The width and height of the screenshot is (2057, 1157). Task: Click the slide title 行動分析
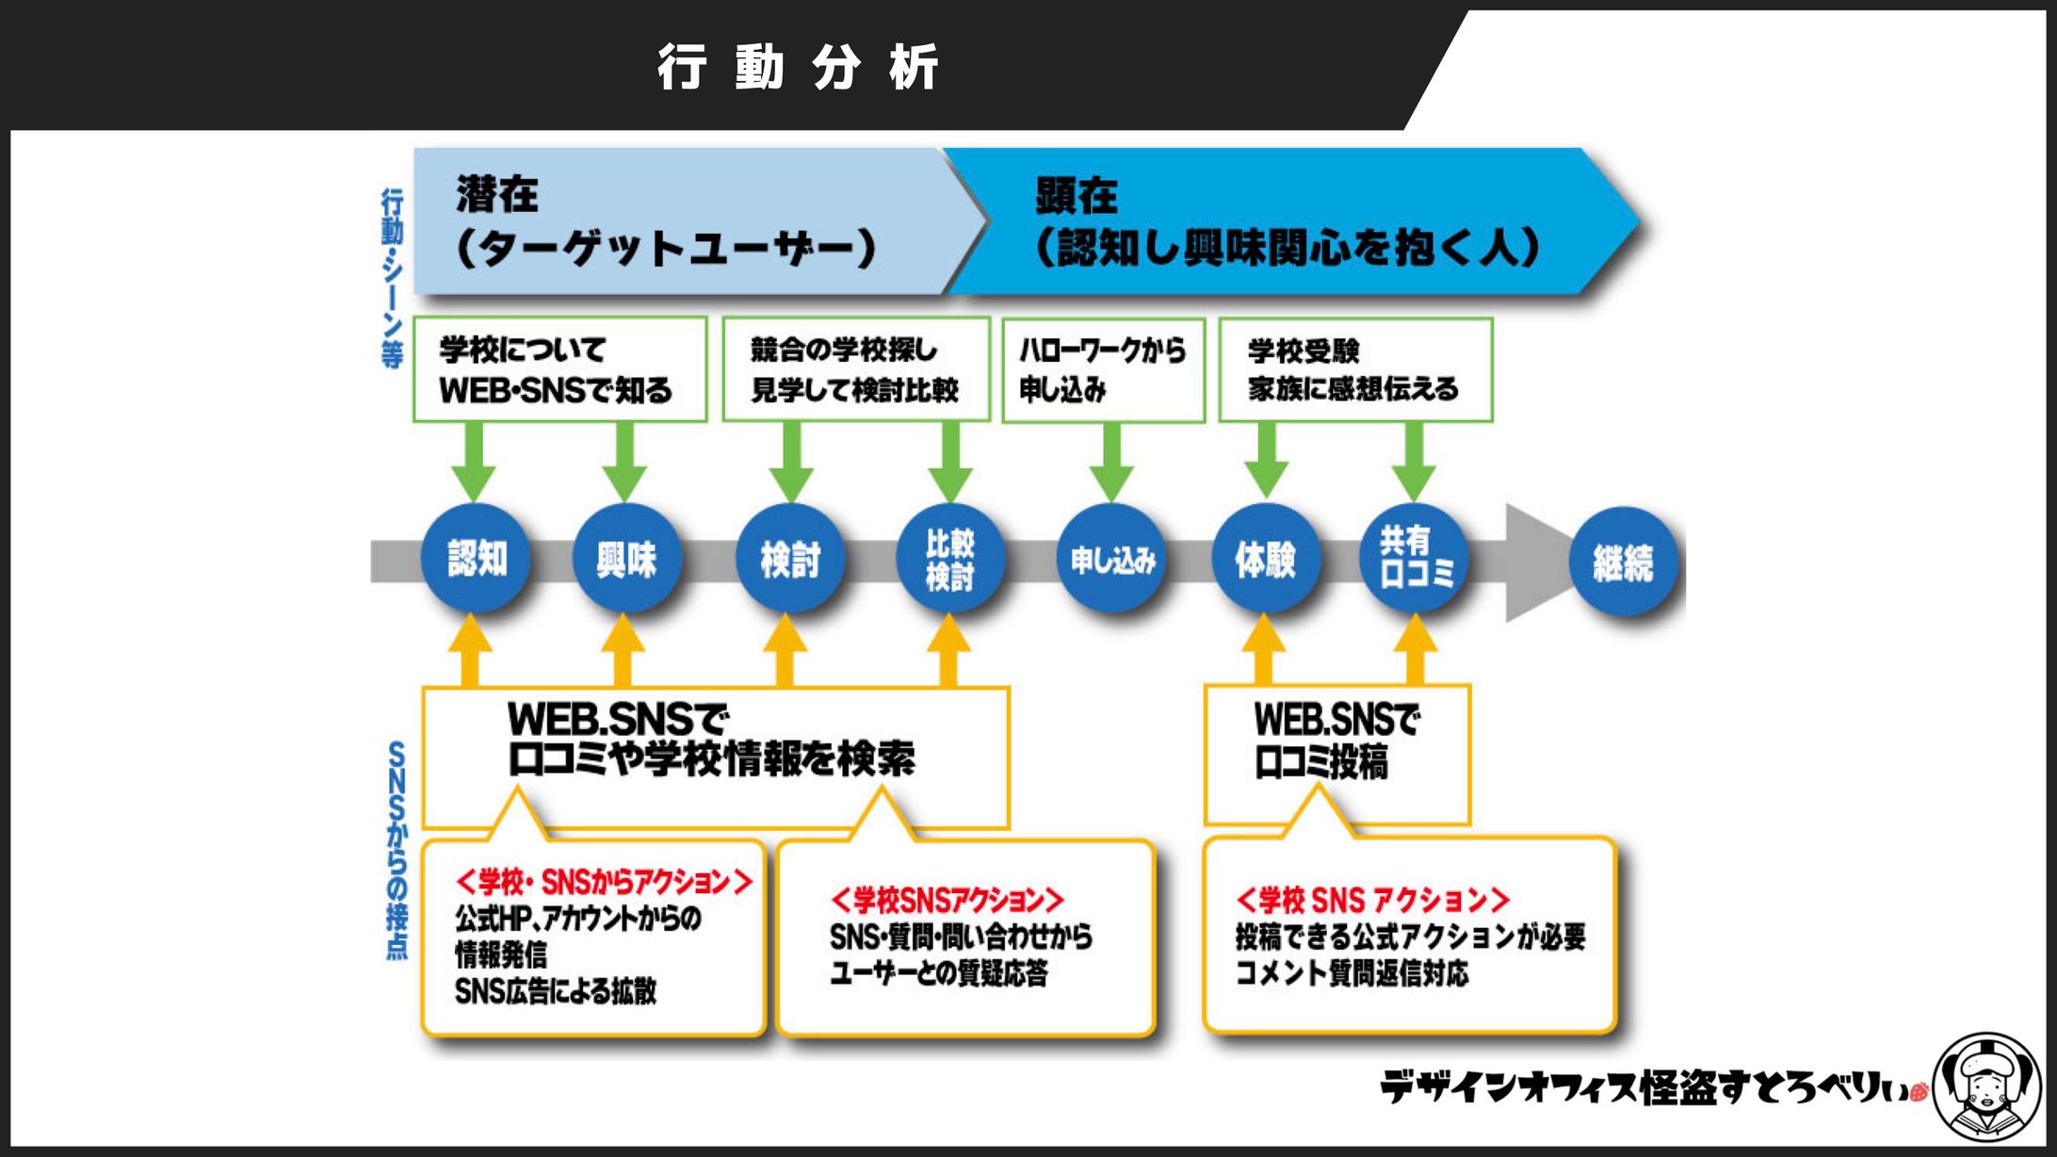click(x=797, y=68)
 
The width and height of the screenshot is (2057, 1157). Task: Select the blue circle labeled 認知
click(x=476, y=559)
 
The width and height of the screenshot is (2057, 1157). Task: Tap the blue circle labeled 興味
click(x=626, y=559)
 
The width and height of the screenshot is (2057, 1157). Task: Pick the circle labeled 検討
click(x=789, y=559)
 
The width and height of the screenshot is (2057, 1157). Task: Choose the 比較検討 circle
click(x=949, y=559)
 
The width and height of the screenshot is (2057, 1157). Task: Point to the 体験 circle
click(x=1265, y=559)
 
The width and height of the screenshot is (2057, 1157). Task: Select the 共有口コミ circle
click(x=1415, y=559)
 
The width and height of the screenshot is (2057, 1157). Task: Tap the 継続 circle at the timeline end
click(x=1622, y=562)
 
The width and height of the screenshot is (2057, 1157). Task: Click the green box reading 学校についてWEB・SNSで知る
click(x=559, y=369)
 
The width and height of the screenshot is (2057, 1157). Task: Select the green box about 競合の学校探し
click(x=855, y=369)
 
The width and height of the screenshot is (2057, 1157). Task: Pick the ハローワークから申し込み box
click(x=1103, y=369)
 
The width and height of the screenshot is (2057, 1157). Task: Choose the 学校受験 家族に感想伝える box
click(x=1355, y=369)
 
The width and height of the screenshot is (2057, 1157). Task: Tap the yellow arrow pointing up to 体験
click(x=1264, y=650)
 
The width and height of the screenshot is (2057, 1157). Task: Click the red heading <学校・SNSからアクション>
click(x=604, y=882)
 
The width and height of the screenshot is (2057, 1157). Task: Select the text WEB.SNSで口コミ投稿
click(x=1336, y=741)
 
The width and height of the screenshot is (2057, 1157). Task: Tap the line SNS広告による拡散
click(x=555, y=991)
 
